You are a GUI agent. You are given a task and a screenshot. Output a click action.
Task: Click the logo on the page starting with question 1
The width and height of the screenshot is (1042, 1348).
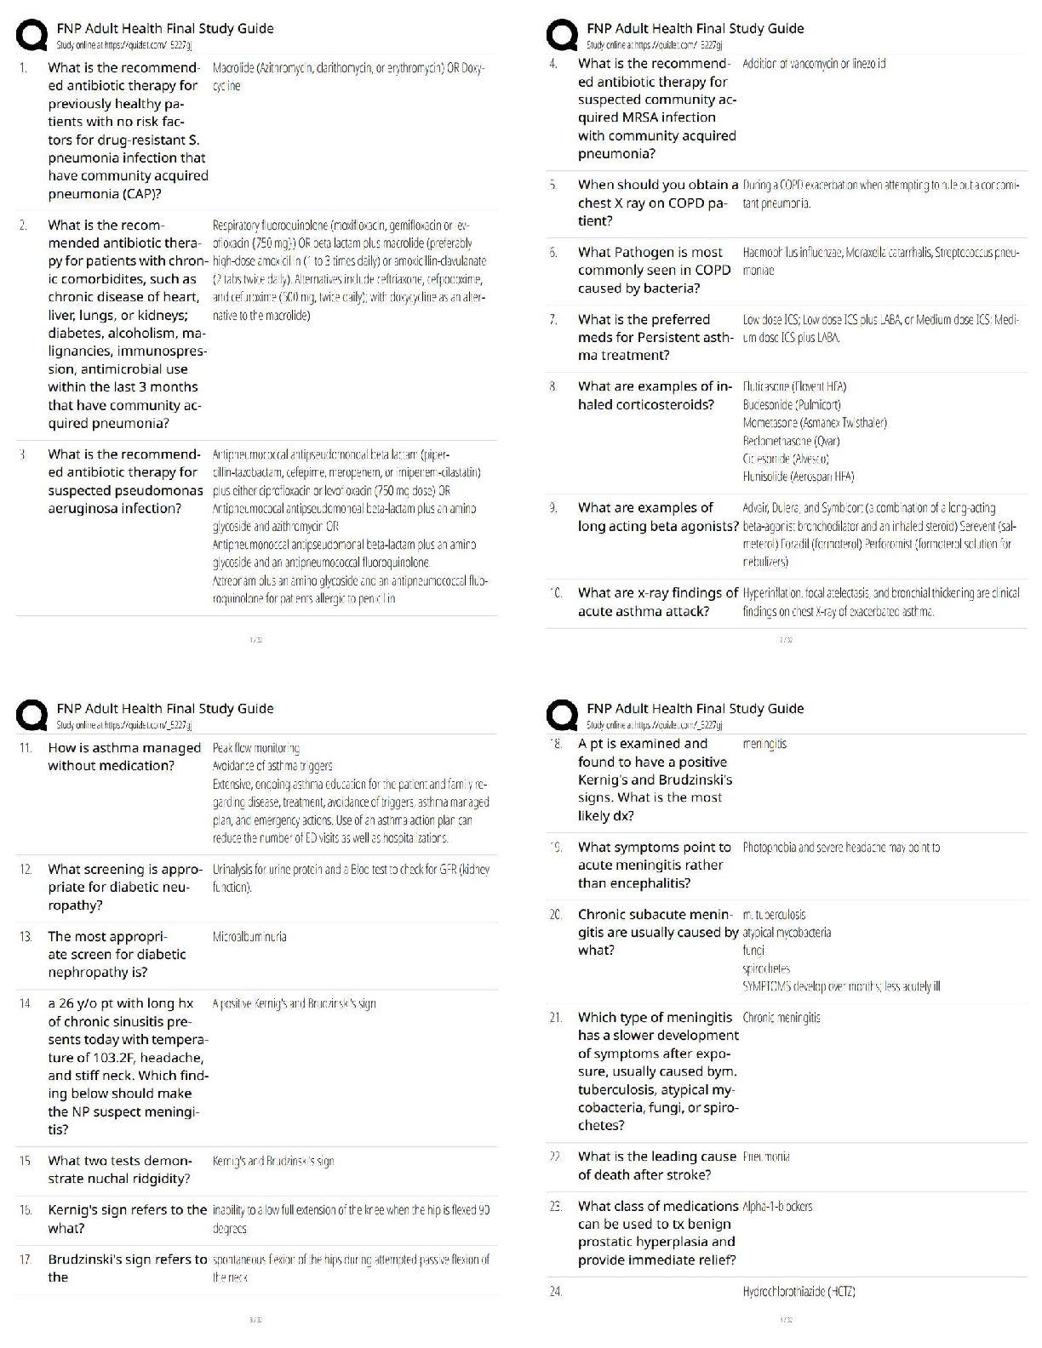(32, 36)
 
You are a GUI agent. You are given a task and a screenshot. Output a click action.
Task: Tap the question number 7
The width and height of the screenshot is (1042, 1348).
(553, 320)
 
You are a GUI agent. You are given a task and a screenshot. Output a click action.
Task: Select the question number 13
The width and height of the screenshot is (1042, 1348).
(26, 936)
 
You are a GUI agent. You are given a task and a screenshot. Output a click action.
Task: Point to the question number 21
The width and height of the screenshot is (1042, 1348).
(555, 1018)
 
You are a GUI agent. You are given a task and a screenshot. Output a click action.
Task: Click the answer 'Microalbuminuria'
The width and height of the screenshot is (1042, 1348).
(249, 936)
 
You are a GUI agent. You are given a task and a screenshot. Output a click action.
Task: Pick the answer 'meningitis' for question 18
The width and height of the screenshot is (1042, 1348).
(764, 744)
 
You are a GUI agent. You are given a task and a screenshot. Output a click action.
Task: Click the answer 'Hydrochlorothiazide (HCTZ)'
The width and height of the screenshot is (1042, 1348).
(799, 1291)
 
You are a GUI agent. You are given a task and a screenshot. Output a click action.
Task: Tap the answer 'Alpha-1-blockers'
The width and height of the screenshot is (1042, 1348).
(777, 1206)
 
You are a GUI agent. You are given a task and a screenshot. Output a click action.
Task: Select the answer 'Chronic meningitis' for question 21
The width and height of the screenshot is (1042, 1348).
(781, 1017)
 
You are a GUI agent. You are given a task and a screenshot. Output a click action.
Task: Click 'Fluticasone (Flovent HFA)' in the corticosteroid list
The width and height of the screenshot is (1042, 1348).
(794, 386)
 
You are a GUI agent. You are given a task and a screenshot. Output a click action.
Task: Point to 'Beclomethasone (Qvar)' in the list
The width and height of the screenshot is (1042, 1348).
(791, 441)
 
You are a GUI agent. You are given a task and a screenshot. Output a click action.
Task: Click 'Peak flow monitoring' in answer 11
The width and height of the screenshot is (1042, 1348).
(256, 748)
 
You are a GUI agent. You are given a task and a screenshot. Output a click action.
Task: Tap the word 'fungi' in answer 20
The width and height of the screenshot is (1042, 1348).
(753, 950)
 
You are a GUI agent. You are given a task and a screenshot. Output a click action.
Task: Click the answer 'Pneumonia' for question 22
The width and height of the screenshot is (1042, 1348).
(766, 1157)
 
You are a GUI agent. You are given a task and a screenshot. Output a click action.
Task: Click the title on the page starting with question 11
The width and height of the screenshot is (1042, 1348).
(165, 708)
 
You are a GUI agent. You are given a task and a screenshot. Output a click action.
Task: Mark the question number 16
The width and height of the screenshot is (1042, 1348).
(26, 1210)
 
